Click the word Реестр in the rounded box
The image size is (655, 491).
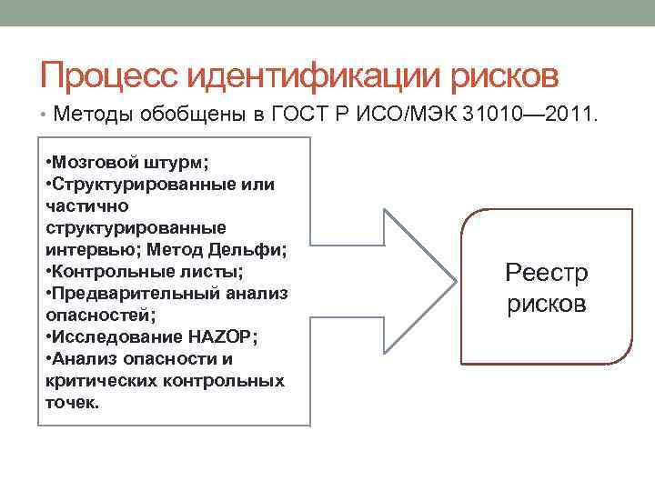(547, 272)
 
